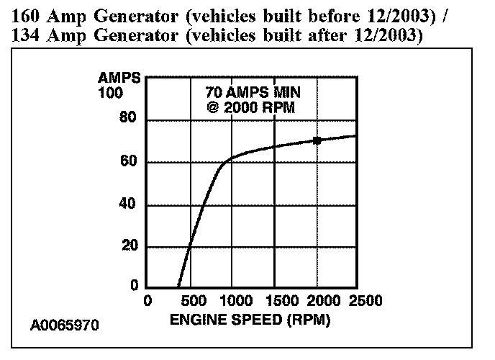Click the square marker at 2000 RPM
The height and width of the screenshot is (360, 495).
pyautogui.click(x=317, y=140)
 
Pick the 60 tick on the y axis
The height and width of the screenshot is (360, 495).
pyautogui.click(x=129, y=162)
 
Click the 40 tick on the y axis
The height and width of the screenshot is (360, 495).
pyautogui.click(x=129, y=205)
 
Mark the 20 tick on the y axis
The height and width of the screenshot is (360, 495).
pyautogui.click(x=129, y=247)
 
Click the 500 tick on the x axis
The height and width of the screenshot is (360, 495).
pyautogui.click(x=190, y=300)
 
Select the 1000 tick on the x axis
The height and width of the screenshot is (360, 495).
pyautogui.click(x=232, y=300)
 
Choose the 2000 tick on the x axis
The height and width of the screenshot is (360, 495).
pyautogui.click(x=318, y=300)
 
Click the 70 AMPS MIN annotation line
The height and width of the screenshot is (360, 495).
pyautogui.click(x=251, y=93)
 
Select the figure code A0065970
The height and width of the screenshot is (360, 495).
pyautogui.click(x=65, y=325)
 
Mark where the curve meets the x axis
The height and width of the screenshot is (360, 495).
pyautogui.click(x=178, y=288)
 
